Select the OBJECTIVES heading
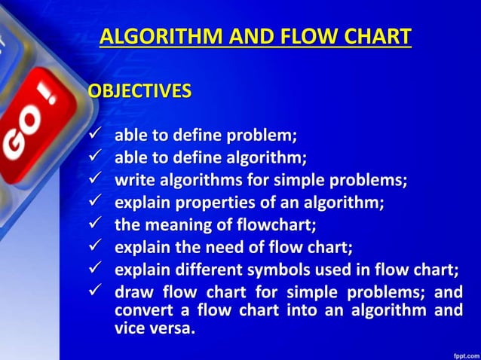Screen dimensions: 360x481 [139, 92]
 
